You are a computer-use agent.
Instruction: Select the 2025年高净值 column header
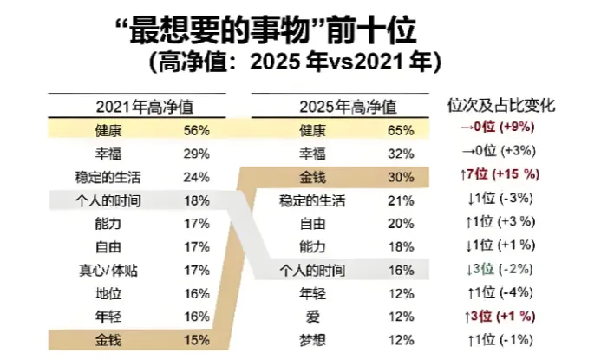pyautogui.click(x=348, y=107)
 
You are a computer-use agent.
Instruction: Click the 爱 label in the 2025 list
pyautogui.click(x=312, y=315)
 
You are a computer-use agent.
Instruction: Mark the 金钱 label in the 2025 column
pyautogui.click(x=312, y=178)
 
